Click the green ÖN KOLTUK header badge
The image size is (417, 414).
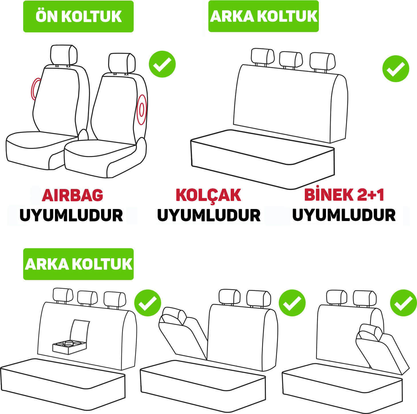coord(78,16)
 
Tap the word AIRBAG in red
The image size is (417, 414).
coord(72,195)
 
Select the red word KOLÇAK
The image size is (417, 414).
coord(208,196)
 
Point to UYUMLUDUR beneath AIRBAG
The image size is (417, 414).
coord(71,215)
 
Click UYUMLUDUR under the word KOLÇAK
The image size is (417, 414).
coord(209,215)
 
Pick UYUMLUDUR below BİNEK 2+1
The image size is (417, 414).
coord(344,215)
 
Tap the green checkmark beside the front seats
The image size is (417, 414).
coord(162,64)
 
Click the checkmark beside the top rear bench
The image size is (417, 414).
coord(396,69)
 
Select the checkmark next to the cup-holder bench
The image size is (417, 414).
coord(148,303)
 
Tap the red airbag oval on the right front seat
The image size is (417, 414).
coord(141,110)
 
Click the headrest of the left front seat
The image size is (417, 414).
coord(64,55)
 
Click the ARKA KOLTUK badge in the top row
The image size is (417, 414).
coord(263,16)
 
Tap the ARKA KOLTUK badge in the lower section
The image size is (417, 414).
coord(78,264)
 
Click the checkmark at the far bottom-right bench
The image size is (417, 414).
coord(404,303)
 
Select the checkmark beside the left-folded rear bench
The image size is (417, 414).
coord(292,303)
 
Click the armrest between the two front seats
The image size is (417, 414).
coord(83,135)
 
